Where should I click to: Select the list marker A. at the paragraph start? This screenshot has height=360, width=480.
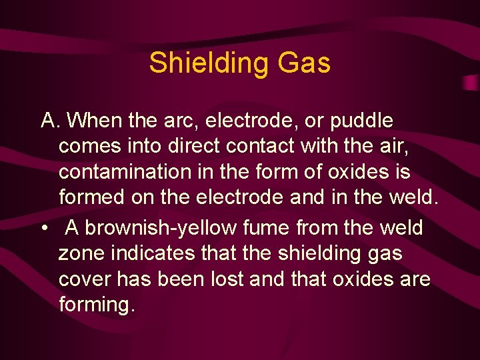pyautogui.click(x=51, y=121)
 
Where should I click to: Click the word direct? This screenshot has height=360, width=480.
pyautogui.click(x=193, y=146)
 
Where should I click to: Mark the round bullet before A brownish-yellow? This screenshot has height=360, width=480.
pyautogui.click(x=44, y=228)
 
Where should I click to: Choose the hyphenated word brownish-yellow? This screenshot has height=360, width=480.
pyautogui.click(x=161, y=228)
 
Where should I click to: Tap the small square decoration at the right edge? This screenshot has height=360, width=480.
pyautogui.click(x=470, y=82)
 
